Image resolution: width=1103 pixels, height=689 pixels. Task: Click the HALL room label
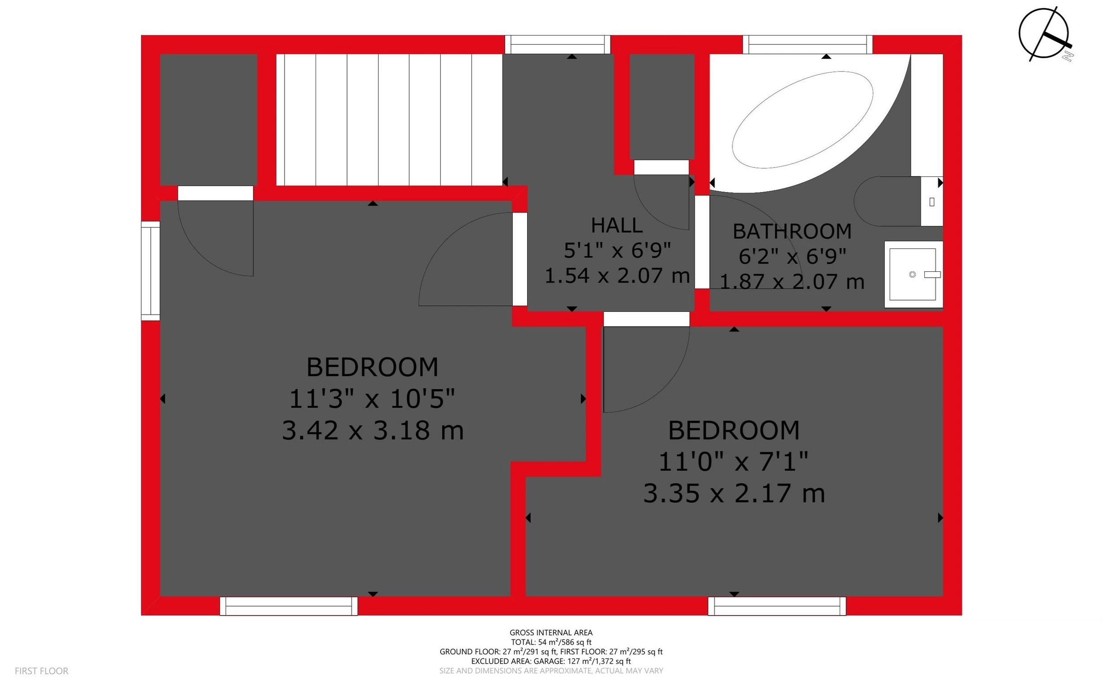(617, 225)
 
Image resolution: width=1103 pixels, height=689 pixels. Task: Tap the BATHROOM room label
(792, 231)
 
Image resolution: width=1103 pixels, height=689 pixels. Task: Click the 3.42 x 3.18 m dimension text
(372, 431)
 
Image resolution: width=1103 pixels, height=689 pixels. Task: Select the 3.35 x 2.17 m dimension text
(734, 494)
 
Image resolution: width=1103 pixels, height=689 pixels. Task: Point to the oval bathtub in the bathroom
(802, 120)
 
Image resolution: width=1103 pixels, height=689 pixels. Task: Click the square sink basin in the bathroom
(913, 275)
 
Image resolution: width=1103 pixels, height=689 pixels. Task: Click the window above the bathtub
(807, 45)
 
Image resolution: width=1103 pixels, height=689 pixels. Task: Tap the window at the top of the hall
(557, 45)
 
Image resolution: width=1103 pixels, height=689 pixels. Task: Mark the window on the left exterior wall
(150, 270)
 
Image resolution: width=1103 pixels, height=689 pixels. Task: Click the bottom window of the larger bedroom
(289, 606)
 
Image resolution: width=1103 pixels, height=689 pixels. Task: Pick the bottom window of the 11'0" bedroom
(777, 606)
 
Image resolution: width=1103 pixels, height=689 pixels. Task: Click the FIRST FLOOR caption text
(41, 671)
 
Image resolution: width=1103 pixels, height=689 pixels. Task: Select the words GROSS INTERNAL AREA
(551, 632)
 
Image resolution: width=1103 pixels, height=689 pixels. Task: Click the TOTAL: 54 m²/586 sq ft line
(551, 642)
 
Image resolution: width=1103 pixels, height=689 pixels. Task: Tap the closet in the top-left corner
(208, 119)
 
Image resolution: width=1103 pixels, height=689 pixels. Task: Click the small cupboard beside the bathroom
(662, 107)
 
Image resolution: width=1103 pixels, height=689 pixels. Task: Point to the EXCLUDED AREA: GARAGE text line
(551, 661)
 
